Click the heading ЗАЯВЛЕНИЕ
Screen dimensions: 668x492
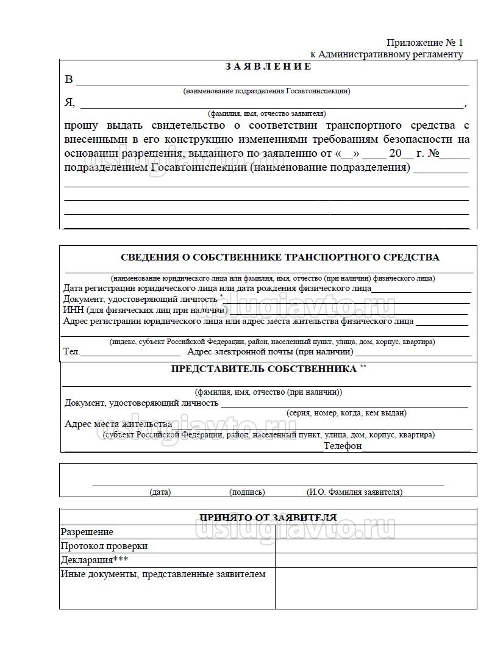click(x=268, y=66)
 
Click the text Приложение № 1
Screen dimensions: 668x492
click(x=424, y=43)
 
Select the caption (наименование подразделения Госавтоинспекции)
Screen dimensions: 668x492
click(x=266, y=91)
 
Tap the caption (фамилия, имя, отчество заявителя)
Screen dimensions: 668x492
click(x=266, y=113)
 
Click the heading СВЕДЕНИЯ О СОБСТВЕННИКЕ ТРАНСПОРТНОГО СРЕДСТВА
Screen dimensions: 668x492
click(x=280, y=257)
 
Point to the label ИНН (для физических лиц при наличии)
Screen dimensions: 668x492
click(x=146, y=311)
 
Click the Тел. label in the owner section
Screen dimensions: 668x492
click(x=71, y=352)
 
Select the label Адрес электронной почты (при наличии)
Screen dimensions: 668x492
click(x=270, y=352)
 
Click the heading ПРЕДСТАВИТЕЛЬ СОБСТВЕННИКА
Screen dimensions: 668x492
click(x=263, y=369)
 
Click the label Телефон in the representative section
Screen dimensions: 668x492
click(x=343, y=446)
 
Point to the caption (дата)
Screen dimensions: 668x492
click(x=160, y=492)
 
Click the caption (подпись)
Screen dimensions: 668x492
click(x=247, y=492)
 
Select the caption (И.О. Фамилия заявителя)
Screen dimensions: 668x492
click(x=354, y=492)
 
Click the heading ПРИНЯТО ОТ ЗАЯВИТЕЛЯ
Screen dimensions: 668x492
click(x=268, y=517)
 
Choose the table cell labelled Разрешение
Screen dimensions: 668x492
click(x=87, y=532)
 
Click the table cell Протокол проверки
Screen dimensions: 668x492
click(x=104, y=546)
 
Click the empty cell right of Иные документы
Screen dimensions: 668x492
click(x=376, y=588)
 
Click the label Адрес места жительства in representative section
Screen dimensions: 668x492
click(x=118, y=424)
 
